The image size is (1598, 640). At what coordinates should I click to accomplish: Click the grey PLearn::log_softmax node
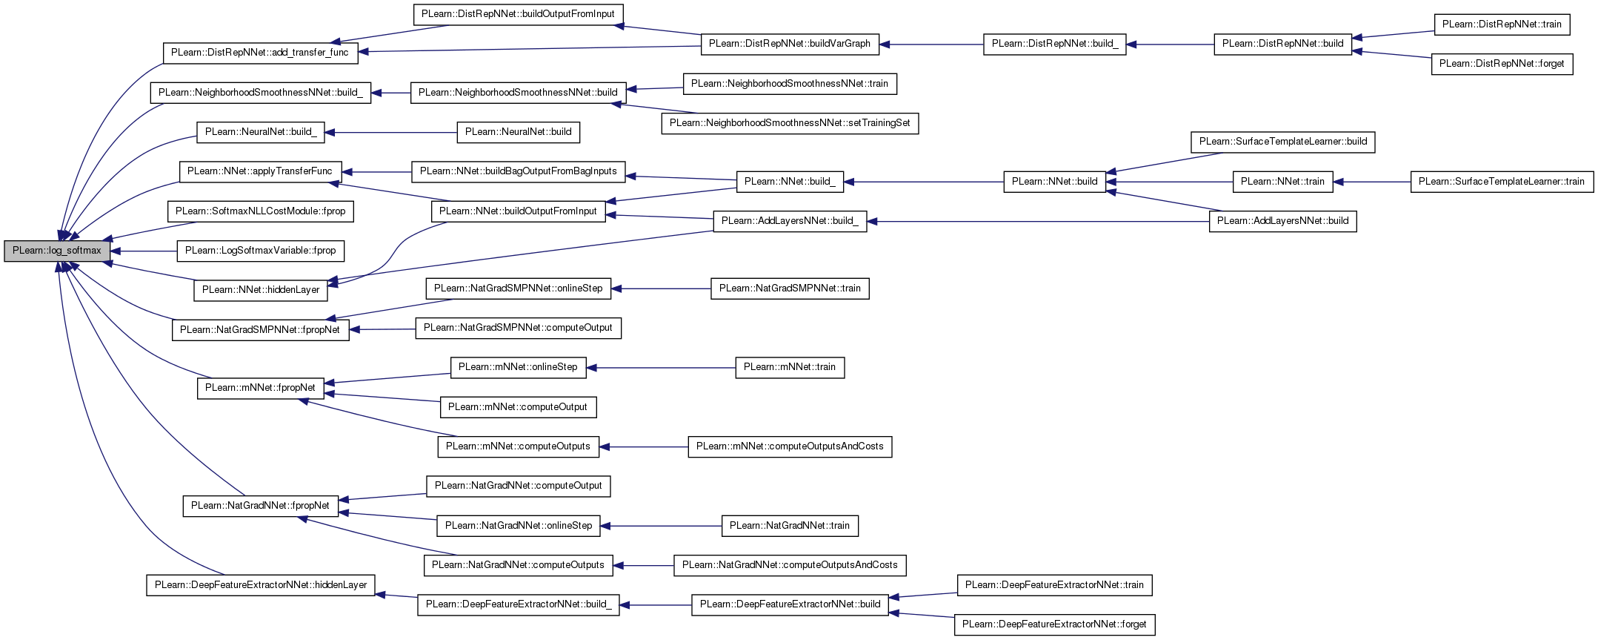pyautogui.click(x=57, y=251)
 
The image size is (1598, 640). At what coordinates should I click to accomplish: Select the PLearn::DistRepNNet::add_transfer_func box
pyautogui.click(x=260, y=53)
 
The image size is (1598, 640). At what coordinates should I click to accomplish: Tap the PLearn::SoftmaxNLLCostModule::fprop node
pyautogui.click(x=261, y=211)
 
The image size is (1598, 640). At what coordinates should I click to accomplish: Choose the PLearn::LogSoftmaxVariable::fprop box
pyautogui.click(x=261, y=251)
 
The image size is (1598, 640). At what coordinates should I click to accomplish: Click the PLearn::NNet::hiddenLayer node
pyautogui.click(x=261, y=290)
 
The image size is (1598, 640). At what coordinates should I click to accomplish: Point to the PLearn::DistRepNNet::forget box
pyautogui.click(x=1502, y=64)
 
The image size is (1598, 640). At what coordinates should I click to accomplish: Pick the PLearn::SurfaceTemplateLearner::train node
pyautogui.click(x=1502, y=182)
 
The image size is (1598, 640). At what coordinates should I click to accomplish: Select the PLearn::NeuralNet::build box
pyautogui.click(x=519, y=132)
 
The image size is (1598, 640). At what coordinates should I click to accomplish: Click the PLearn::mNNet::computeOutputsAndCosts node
pyautogui.click(x=790, y=446)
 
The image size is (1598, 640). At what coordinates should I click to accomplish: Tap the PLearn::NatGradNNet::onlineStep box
pyautogui.click(x=519, y=526)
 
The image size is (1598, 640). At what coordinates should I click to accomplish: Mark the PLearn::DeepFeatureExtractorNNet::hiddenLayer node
pyautogui.click(x=261, y=585)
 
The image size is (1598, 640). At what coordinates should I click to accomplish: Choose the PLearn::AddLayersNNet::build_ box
pyautogui.click(x=790, y=221)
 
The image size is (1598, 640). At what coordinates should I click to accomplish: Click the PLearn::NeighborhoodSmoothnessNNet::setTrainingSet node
pyautogui.click(x=790, y=123)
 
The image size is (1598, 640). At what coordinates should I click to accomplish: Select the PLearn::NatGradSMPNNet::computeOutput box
pyautogui.click(x=519, y=328)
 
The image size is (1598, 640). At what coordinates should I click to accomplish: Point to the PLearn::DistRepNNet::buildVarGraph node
pyautogui.click(x=790, y=44)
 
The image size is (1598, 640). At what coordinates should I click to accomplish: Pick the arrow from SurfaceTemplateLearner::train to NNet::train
pyautogui.click(x=1371, y=182)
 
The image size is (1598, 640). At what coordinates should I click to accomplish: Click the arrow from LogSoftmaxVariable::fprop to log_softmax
pyautogui.click(x=143, y=251)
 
